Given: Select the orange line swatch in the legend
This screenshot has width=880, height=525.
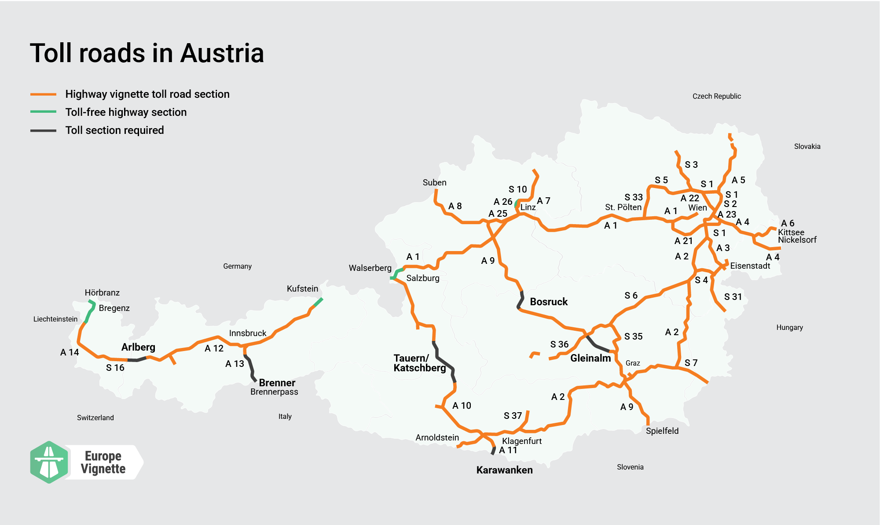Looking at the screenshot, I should [43, 94].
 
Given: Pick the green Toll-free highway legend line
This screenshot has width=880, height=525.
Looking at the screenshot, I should [43, 112].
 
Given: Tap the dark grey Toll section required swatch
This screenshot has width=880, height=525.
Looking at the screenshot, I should [43, 130].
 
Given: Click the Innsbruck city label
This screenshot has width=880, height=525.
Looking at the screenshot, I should [247, 333].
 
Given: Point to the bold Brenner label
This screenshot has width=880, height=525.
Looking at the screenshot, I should [277, 382].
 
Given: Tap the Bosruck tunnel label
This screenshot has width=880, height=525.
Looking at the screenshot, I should [548, 302].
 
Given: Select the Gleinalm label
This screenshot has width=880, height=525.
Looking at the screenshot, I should [590, 358].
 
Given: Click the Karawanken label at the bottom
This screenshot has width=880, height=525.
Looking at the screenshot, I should [504, 470].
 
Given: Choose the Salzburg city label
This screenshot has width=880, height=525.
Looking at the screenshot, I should [422, 278].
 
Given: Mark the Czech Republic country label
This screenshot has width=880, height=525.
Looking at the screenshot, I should [716, 96].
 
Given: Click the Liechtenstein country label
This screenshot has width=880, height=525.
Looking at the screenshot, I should [55, 319].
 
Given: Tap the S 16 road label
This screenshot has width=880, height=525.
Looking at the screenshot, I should [115, 367].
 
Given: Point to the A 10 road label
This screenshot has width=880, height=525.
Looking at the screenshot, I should [461, 405].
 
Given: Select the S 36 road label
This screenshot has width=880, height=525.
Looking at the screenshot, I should [559, 344].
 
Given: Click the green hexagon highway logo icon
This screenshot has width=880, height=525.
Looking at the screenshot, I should [49, 462].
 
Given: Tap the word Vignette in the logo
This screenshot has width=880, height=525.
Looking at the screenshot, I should [103, 469].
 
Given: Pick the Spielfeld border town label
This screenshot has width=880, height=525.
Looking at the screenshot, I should [662, 431].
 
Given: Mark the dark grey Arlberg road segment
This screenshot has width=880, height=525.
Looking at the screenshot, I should [137, 360].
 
